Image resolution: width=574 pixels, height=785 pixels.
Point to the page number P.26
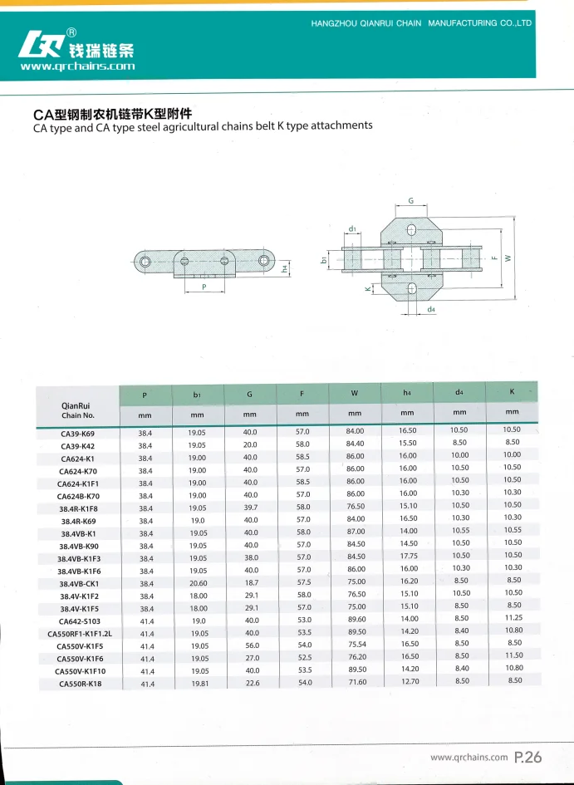click(x=527, y=757)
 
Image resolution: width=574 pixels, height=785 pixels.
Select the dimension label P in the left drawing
click(x=204, y=287)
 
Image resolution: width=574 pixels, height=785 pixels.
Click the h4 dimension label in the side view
click(x=284, y=268)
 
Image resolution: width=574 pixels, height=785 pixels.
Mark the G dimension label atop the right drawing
click(x=410, y=201)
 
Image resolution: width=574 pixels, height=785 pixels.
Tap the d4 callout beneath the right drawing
click(x=431, y=310)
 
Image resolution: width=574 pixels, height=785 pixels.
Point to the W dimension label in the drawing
click(x=508, y=258)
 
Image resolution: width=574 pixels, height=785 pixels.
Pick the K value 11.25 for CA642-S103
click(x=513, y=618)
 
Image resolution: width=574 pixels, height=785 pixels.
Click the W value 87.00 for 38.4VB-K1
click(x=356, y=532)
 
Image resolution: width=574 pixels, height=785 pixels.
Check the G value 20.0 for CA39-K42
click(x=250, y=444)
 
